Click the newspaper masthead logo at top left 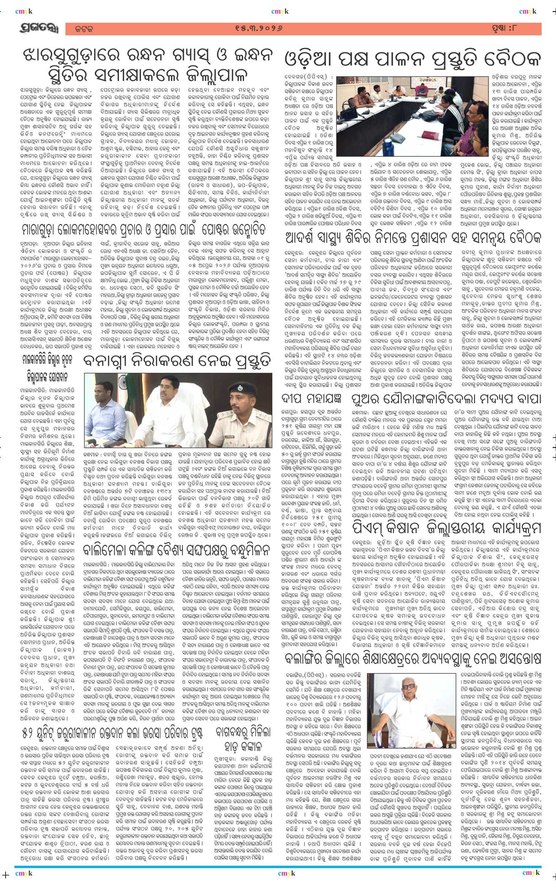point(38,29)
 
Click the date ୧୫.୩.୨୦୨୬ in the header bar point(259,28)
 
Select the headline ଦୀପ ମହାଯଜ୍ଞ point(312,400)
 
